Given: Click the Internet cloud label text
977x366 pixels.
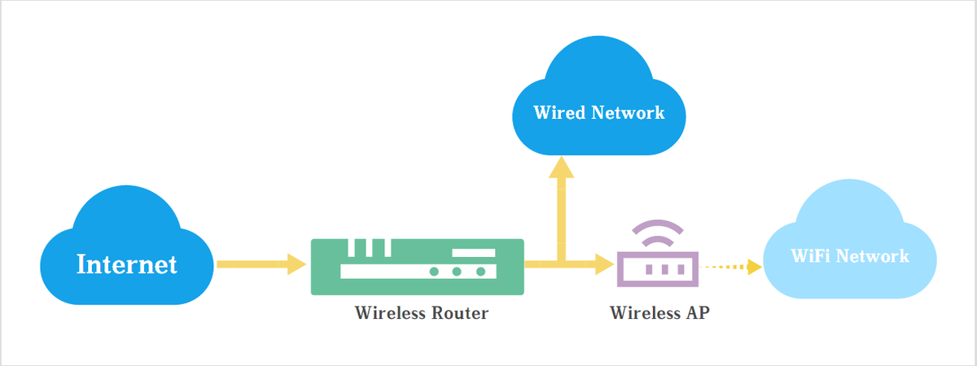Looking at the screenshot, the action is [127, 264].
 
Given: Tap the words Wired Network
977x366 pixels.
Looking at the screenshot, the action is [599, 112].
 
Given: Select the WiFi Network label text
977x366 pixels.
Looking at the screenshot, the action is [850, 255].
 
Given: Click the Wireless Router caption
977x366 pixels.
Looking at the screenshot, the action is [422, 313].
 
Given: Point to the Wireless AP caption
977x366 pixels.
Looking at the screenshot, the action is [660, 313].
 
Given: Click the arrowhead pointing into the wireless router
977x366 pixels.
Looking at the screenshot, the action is [297, 264].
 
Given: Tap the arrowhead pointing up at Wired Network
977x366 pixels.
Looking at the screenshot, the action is [561, 167].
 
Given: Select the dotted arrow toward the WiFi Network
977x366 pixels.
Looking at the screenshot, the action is [730, 267].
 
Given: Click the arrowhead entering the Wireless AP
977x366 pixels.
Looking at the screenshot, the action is [605, 264].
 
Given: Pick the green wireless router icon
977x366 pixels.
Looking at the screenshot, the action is [418, 267].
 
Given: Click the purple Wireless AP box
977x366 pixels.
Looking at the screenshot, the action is [658, 269].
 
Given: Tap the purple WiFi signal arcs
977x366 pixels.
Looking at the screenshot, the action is [658, 233].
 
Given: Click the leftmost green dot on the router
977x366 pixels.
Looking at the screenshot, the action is [434, 272].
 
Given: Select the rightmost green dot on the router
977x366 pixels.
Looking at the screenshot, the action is [480, 272].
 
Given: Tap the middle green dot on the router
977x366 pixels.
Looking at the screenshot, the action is [457, 272].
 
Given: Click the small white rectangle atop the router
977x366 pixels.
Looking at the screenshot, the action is [474, 253].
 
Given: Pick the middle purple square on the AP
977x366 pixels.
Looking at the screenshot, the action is [664, 269].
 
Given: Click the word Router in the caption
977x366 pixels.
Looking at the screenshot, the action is [460, 313].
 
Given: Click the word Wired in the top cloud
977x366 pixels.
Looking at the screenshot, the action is [559, 112].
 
